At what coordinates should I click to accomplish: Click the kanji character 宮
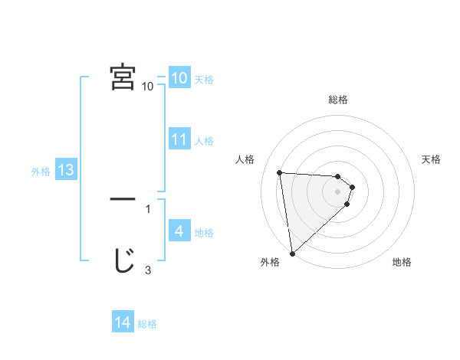[x=123, y=77]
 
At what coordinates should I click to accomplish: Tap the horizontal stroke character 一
[x=123, y=198]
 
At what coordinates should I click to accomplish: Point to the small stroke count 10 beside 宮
[x=148, y=87]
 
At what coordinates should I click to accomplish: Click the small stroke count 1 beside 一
[x=148, y=208]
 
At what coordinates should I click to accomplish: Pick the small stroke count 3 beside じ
[x=148, y=270]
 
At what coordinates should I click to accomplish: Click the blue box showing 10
[x=179, y=78]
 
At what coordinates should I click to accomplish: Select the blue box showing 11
[x=179, y=139]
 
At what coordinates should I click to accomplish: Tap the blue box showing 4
[x=179, y=231]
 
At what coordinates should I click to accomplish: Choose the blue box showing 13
[x=65, y=170]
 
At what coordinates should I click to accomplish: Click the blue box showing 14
[x=123, y=322]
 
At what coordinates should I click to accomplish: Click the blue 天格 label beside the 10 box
[x=204, y=80]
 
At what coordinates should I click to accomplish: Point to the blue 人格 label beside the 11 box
[x=204, y=141]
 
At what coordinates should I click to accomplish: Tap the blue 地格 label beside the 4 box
[x=204, y=233]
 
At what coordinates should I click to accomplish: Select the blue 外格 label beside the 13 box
[x=40, y=172]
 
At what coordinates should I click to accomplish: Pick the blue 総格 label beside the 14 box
[x=147, y=324]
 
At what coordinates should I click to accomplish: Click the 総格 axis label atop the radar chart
[x=338, y=100]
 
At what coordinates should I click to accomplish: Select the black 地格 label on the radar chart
[x=402, y=263]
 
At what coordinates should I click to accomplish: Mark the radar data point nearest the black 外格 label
[x=292, y=254]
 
